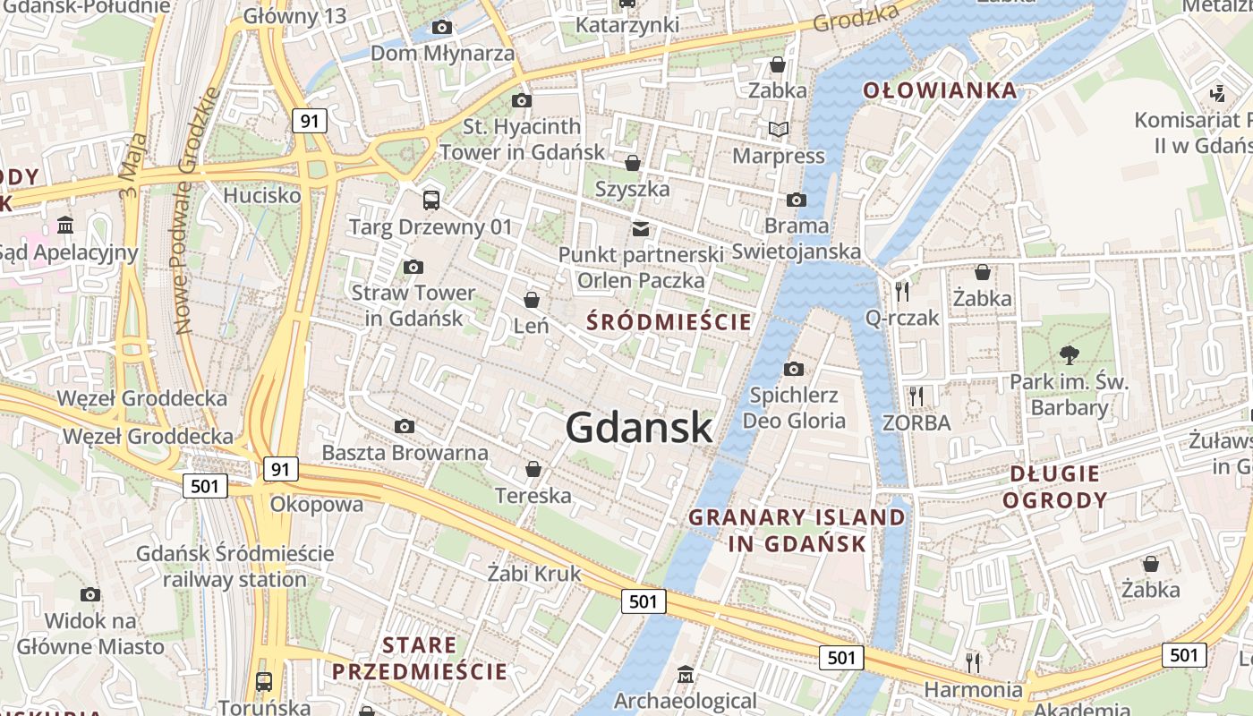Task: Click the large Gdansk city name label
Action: tap(639, 428)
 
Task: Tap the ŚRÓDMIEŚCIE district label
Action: tap(669, 322)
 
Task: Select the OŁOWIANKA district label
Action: tap(940, 90)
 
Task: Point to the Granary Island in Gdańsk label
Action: tap(797, 530)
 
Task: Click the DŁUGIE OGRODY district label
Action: tap(1054, 486)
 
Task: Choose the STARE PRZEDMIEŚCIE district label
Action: tap(419, 658)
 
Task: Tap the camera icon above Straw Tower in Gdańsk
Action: tap(413, 267)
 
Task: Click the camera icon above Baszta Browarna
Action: tap(405, 426)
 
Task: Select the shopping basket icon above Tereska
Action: tap(533, 469)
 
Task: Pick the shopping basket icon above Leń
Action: tap(532, 299)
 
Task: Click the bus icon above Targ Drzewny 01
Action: tap(430, 200)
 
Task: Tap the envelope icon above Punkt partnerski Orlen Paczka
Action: tap(641, 228)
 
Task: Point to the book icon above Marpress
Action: tap(779, 130)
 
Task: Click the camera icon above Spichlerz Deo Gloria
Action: tap(793, 369)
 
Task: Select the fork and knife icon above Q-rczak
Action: tap(902, 291)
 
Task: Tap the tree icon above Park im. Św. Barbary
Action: tap(1069, 354)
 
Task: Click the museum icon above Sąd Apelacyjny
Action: tap(65, 225)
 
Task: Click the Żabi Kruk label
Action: tap(534, 574)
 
